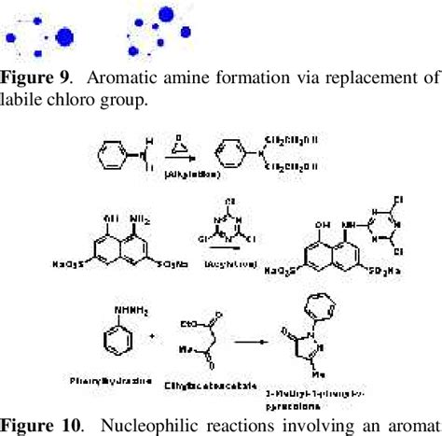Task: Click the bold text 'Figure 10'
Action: (x=39, y=426)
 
